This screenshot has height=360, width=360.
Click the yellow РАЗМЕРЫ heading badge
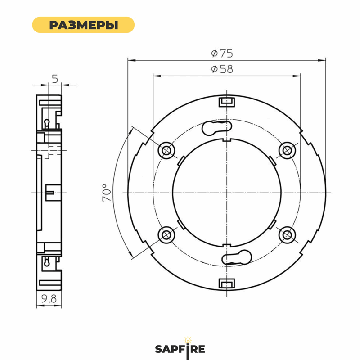click(x=84, y=25)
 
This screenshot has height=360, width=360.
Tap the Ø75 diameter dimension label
click(x=222, y=54)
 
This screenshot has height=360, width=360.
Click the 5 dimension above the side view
click(x=55, y=79)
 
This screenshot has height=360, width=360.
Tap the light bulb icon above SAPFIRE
click(x=189, y=338)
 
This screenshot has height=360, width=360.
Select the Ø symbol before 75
click(x=214, y=54)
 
